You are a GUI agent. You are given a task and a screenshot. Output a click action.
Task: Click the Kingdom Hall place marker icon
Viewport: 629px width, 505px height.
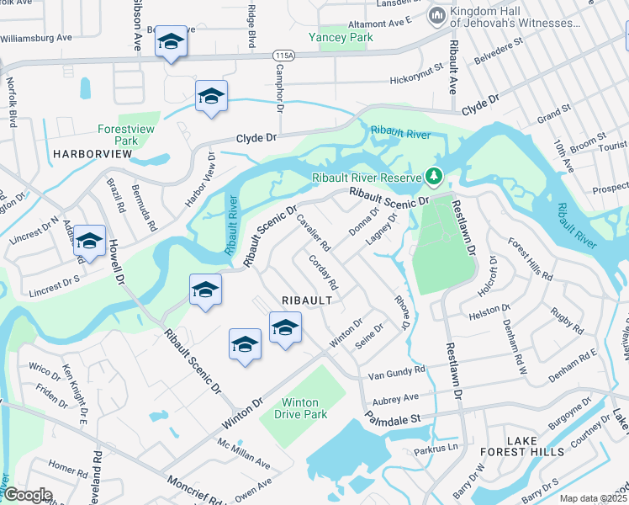[x=436, y=16]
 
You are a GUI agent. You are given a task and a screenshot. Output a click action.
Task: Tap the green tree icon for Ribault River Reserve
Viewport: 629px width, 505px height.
[x=434, y=177]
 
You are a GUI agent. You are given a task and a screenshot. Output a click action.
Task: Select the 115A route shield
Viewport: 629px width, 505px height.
[x=284, y=54]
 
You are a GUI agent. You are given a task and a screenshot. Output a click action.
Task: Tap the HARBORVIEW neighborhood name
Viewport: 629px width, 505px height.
[x=92, y=154]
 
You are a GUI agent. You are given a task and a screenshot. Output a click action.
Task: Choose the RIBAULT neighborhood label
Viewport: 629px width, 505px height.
[x=307, y=300]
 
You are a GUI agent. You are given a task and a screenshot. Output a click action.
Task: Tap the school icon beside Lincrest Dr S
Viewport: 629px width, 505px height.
[x=89, y=242]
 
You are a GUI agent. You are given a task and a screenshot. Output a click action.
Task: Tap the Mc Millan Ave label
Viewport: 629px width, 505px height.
[x=244, y=454]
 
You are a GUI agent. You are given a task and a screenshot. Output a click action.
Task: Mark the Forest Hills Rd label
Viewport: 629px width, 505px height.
[x=531, y=258]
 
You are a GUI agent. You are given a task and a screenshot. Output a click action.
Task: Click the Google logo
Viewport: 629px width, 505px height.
[x=27, y=495]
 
